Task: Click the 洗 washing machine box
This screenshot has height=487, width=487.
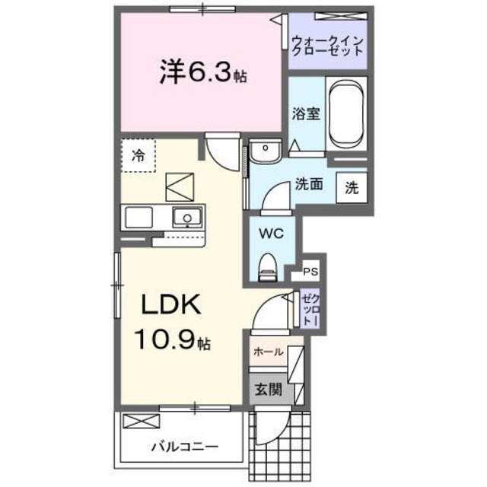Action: pos(352,186)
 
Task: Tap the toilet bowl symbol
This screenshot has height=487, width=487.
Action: pos(267,266)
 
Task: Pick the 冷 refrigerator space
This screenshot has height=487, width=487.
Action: pos(138,157)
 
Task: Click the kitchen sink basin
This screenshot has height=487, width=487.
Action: pos(184,218)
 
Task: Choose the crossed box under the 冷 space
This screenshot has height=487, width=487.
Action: pos(180,186)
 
